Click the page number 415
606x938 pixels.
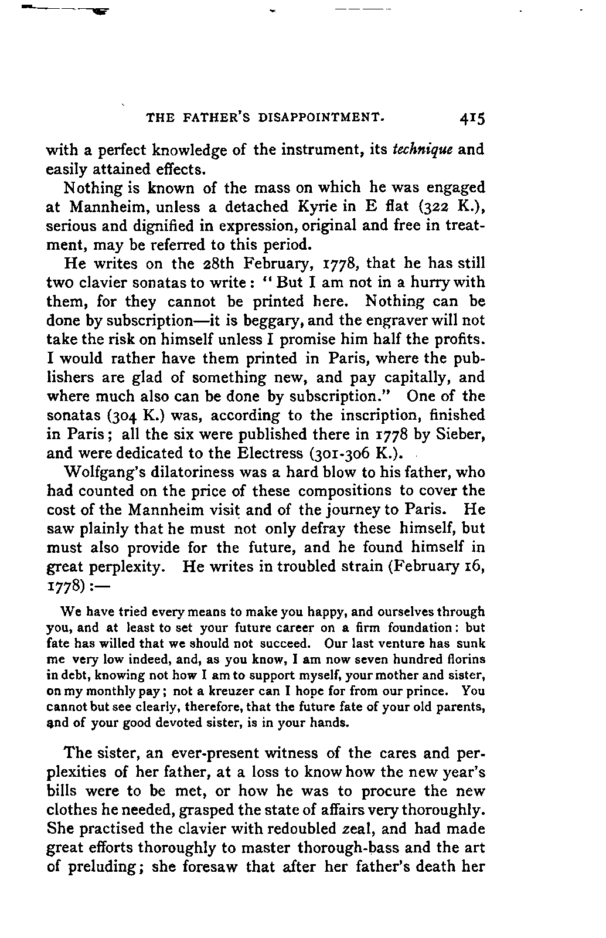coord(472,119)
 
